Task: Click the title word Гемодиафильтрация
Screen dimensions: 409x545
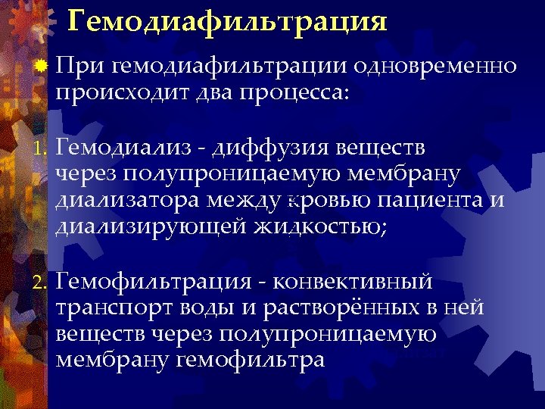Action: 227,20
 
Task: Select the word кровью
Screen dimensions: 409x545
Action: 323,200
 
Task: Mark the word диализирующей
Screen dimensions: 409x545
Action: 150,227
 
